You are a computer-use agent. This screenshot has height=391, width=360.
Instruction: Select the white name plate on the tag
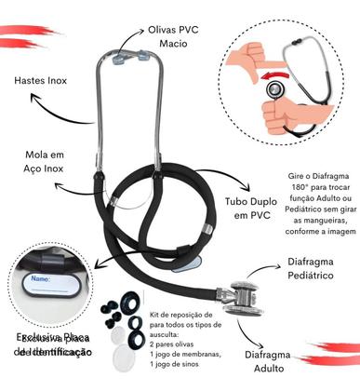[58, 280]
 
